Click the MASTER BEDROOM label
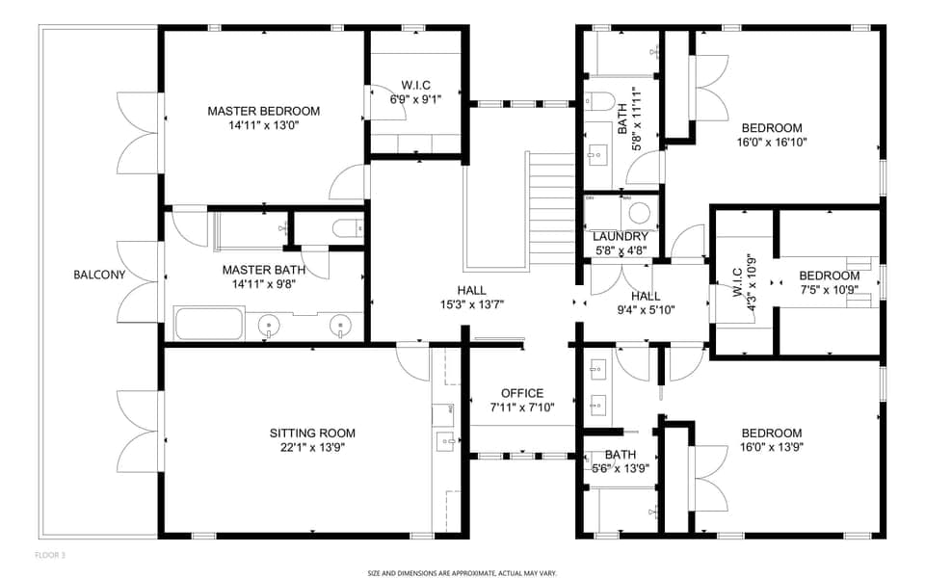[x=263, y=111]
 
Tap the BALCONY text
[x=99, y=275]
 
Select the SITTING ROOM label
[x=312, y=433]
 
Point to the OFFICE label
[x=522, y=393]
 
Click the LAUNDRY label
[x=620, y=237]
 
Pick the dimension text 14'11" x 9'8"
[x=263, y=285]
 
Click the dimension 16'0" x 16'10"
[x=772, y=143]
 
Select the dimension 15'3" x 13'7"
[x=471, y=304]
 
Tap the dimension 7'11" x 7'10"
[x=522, y=407]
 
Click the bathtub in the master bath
[x=209, y=325]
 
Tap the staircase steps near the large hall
[x=551, y=207]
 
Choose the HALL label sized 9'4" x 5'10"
[x=645, y=296]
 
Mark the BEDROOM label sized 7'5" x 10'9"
[x=829, y=275]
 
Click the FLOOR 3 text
[x=50, y=555]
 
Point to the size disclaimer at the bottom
[x=462, y=572]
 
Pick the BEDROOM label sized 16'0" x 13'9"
[x=772, y=433]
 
